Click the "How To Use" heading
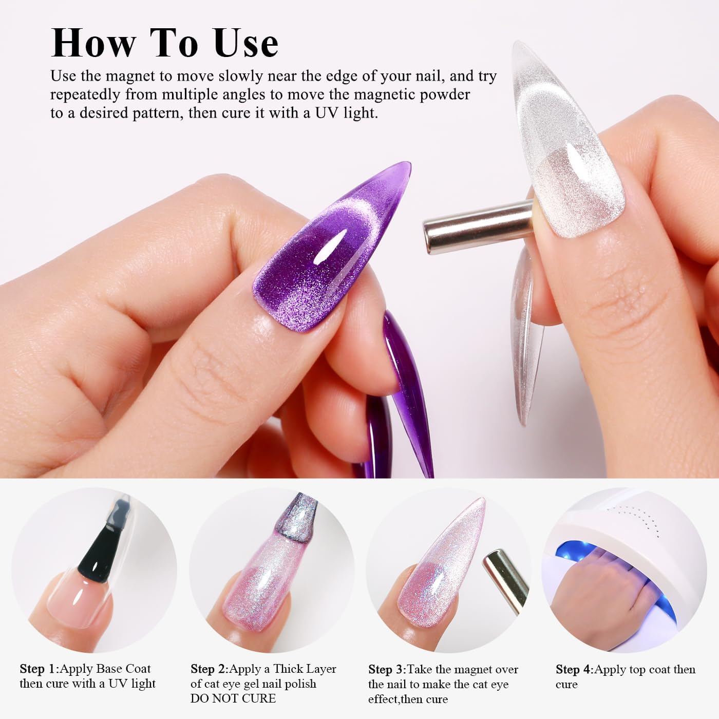tap(165, 43)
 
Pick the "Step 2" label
tap(209, 669)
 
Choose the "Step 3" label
tap(387, 670)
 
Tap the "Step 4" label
tap(574, 670)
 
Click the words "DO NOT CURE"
tap(233, 698)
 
